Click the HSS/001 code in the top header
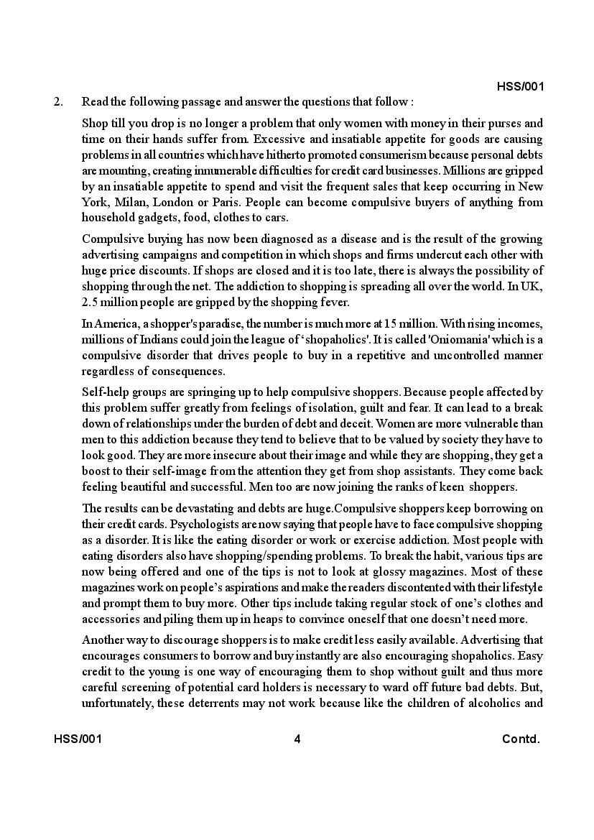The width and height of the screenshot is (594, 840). click(x=520, y=87)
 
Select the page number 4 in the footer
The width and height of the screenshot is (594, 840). click(x=297, y=739)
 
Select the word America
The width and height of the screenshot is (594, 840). click(x=119, y=324)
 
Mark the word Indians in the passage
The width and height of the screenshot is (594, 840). click(x=157, y=340)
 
